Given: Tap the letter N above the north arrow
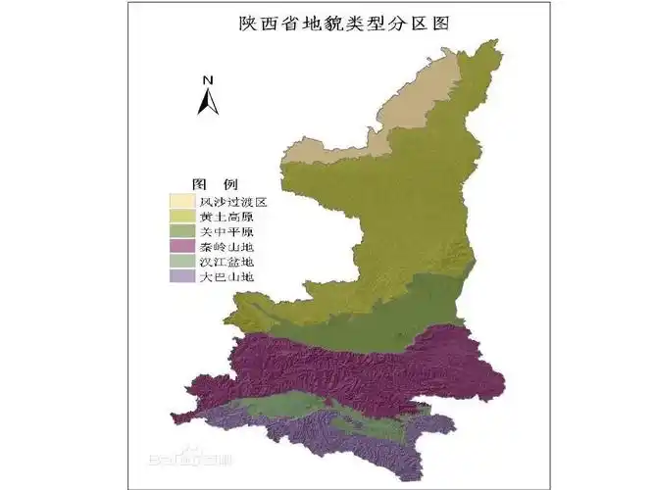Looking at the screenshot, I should coord(208,79).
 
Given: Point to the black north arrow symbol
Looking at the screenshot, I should coord(208,100).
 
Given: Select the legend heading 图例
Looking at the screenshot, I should coord(215,184).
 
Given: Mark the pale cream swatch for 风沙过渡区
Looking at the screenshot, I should coord(182,201).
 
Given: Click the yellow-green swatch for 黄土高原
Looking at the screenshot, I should coord(182,217).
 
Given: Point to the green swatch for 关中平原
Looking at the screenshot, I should coord(182,231).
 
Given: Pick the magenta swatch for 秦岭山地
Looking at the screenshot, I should coord(182,247).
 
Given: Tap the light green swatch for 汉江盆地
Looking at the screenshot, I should coord(182,262).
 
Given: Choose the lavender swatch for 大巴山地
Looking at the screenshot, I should coord(182,277).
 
